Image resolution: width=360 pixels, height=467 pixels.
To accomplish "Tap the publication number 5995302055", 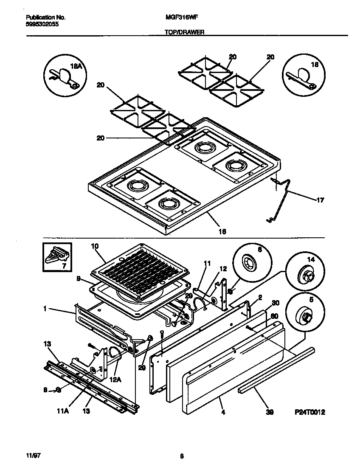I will click(42, 25).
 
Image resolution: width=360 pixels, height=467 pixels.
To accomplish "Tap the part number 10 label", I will click(95, 246).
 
